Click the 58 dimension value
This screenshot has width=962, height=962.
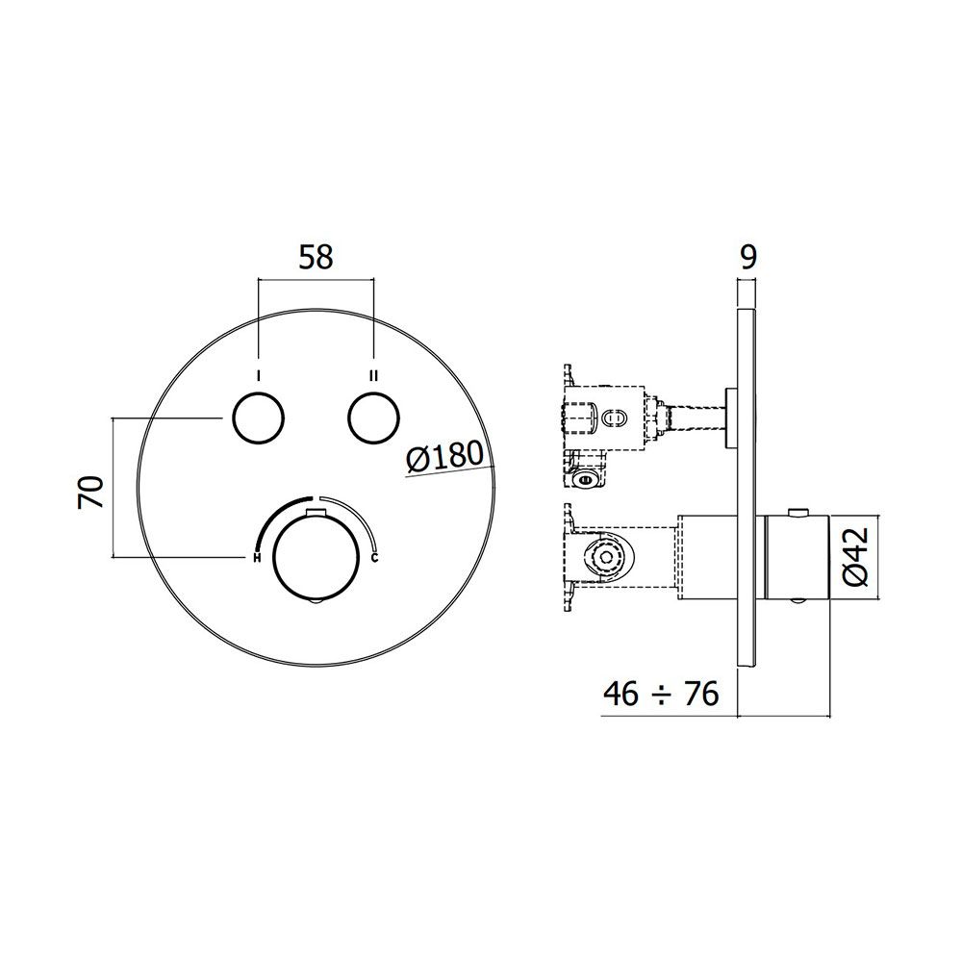(316, 258)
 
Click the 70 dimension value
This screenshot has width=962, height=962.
(91, 492)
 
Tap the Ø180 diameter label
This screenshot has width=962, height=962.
(445, 457)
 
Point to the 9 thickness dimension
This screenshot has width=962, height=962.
(748, 258)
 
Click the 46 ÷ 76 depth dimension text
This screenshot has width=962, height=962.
(661, 695)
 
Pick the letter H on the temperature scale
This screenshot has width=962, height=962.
(257, 558)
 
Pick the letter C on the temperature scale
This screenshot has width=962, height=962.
(375, 558)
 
